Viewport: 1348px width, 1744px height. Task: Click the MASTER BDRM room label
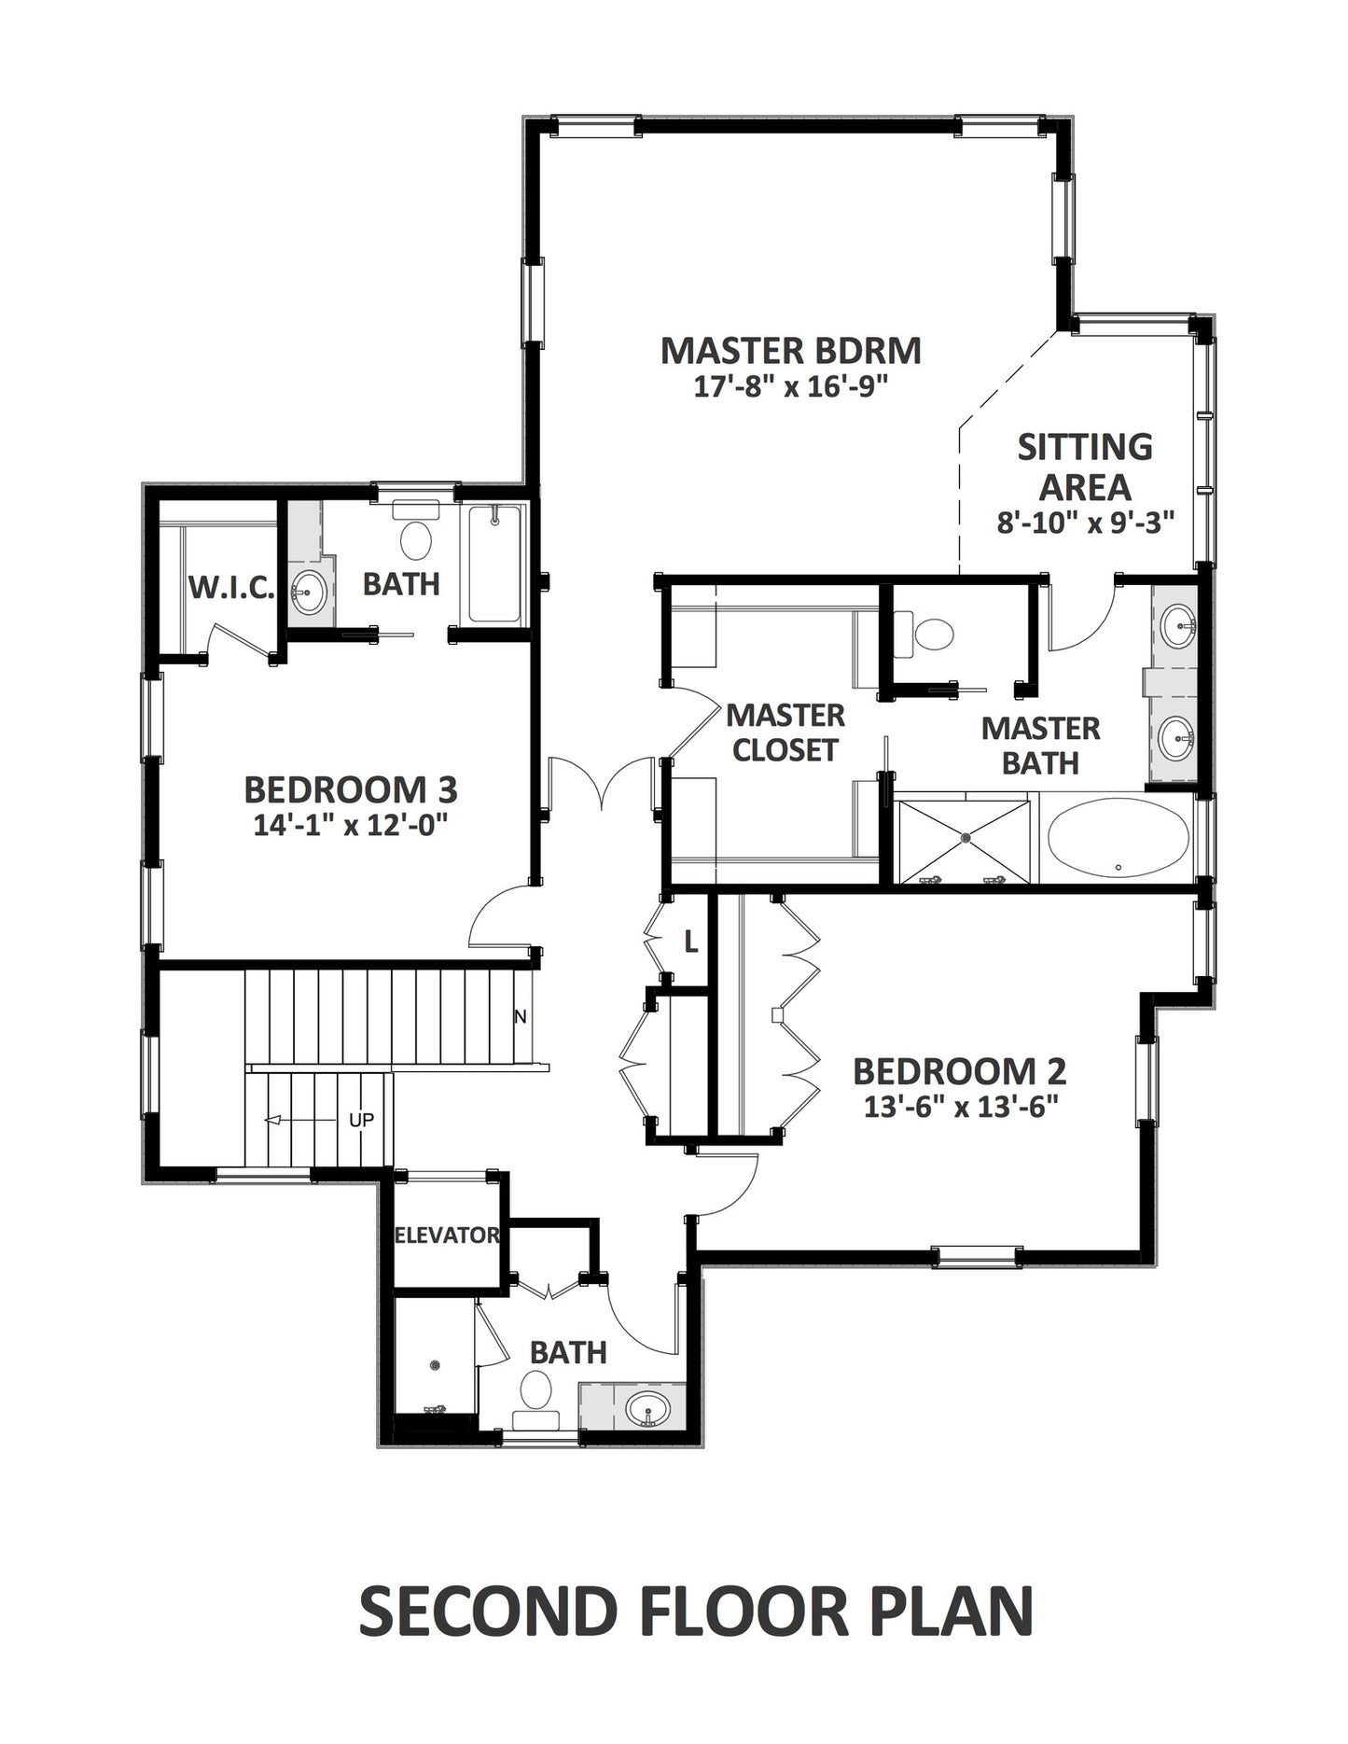pyautogui.click(x=790, y=351)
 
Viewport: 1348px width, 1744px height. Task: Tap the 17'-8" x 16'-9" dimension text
pyautogui.click(x=788, y=386)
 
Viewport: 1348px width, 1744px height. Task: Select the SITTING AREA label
pyautogui.click(x=1085, y=467)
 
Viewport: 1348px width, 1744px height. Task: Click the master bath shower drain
pyautogui.click(x=964, y=839)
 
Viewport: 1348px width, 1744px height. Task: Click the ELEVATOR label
pyautogui.click(x=447, y=1235)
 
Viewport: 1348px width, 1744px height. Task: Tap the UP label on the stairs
pyautogui.click(x=361, y=1119)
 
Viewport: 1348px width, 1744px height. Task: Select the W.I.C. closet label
pyautogui.click(x=231, y=588)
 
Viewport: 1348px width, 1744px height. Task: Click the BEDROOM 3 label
pyautogui.click(x=351, y=789)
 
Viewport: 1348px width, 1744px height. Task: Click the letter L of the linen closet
pyautogui.click(x=691, y=943)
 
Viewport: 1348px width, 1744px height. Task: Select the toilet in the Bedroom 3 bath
pyautogui.click(x=415, y=531)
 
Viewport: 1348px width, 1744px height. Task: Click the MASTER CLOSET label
pyautogui.click(x=785, y=732)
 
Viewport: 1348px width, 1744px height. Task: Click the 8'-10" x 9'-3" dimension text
pyautogui.click(x=1084, y=523)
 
